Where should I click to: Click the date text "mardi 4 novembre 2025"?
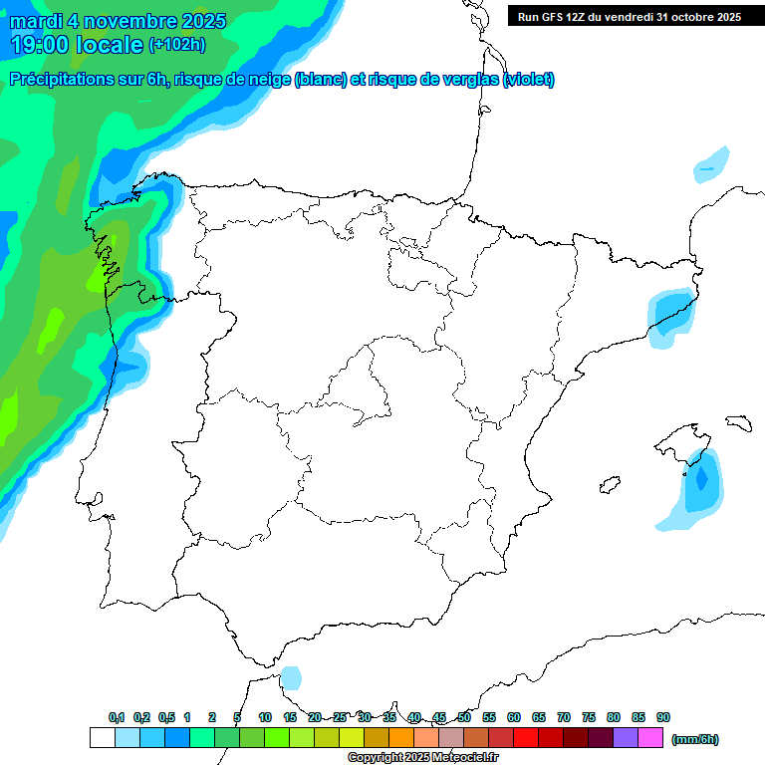click(x=119, y=21)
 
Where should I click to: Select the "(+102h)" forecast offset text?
click(x=176, y=44)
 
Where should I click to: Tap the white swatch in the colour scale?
click(x=102, y=738)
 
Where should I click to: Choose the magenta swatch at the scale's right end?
click(x=650, y=738)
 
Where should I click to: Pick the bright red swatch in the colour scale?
click(x=526, y=738)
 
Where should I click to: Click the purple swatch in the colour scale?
click(x=626, y=738)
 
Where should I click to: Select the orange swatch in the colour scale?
click(x=401, y=738)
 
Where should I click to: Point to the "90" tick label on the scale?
click(x=663, y=717)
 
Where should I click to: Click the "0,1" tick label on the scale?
click(x=117, y=717)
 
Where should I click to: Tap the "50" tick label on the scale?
click(x=464, y=717)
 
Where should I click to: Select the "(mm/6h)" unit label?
click(x=695, y=739)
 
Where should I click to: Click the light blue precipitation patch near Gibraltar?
click(x=291, y=678)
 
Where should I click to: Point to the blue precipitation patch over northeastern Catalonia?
click(x=669, y=315)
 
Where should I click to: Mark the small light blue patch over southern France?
click(x=711, y=164)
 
